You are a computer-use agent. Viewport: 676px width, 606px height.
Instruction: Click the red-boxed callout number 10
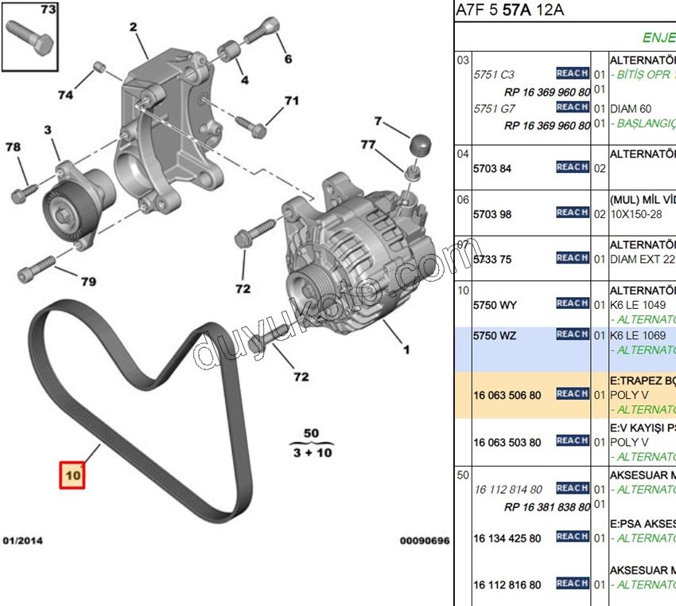pyautogui.click(x=72, y=475)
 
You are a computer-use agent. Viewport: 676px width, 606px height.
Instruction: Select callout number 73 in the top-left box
pyautogui.click(x=48, y=10)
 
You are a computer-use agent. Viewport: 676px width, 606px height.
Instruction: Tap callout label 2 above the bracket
pyautogui.click(x=133, y=28)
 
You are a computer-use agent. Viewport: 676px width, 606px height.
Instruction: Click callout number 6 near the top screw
pyautogui.click(x=288, y=59)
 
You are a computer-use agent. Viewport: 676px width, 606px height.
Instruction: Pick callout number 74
pyautogui.click(x=65, y=95)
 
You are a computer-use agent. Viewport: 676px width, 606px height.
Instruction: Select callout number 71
pyautogui.click(x=291, y=100)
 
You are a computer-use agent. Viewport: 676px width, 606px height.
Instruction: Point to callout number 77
pyautogui.click(x=367, y=144)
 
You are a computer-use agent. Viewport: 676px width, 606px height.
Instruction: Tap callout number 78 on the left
pyautogui.click(x=14, y=147)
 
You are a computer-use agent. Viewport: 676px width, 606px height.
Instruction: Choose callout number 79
pyautogui.click(x=88, y=281)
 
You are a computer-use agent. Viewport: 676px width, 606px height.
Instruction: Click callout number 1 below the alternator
pyautogui.click(x=406, y=349)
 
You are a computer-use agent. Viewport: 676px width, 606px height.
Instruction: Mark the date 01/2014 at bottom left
pyautogui.click(x=22, y=541)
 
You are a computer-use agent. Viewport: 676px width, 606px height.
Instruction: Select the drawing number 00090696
pyautogui.click(x=425, y=541)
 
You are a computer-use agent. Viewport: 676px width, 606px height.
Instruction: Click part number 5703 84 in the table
pyautogui.click(x=493, y=168)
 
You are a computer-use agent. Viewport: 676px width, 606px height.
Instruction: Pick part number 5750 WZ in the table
pyautogui.click(x=495, y=335)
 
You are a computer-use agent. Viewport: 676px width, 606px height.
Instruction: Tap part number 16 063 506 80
pyautogui.click(x=507, y=394)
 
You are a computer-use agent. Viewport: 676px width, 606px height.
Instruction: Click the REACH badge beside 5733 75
pyautogui.click(x=572, y=258)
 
